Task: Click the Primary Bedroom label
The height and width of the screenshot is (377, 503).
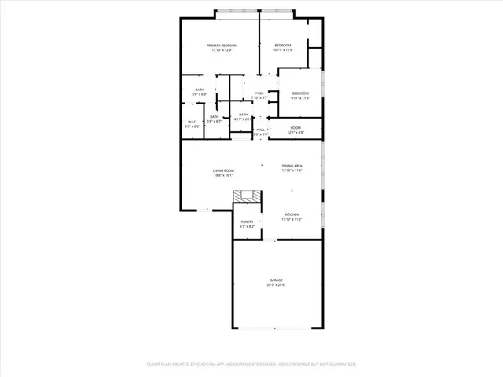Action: coord(220,48)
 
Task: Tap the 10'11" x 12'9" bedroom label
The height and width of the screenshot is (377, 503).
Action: coord(283,48)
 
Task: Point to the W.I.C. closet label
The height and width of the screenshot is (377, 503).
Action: coord(192,123)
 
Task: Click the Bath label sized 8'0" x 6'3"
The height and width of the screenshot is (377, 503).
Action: coord(200,92)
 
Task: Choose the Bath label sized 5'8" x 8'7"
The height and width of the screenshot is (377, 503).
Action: coord(214,119)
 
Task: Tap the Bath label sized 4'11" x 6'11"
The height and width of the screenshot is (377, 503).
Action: coord(243,117)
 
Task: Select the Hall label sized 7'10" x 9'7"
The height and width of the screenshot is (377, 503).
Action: coord(259,96)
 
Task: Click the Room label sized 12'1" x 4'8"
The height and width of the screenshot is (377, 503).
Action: coord(296,130)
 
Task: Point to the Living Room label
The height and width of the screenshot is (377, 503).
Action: coord(223,173)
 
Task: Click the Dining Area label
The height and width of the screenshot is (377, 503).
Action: coord(292,168)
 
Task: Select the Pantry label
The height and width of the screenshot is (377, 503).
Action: coord(247,225)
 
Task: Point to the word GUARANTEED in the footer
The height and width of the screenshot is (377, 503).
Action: coord(339,364)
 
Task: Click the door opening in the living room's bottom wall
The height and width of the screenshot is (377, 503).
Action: coord(203,210)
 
